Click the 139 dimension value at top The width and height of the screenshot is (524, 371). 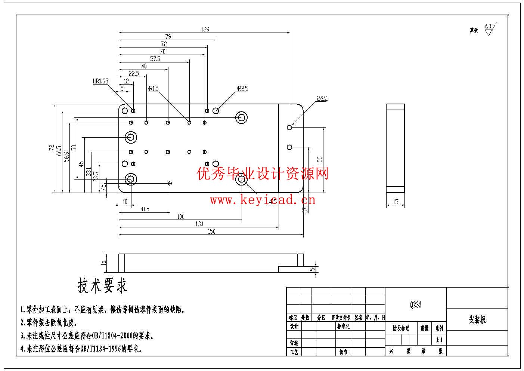pos(205,29)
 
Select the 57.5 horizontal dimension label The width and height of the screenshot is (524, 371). pos(155,59)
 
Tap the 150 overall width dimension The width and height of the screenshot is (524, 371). pos(211,232)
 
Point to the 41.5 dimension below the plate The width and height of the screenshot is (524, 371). pos(145,209)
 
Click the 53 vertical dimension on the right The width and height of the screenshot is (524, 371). pos(320,159)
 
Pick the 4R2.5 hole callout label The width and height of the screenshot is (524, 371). pos(242,89)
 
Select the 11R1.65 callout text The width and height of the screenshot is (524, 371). pos(100,81)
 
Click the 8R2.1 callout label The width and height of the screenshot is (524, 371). pos(322,99)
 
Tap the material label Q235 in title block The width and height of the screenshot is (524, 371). pos(415,305)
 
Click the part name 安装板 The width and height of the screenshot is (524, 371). pos(477,320)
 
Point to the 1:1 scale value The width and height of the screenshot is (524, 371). pos(439,340)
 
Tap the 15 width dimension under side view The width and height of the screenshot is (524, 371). pos(396,202)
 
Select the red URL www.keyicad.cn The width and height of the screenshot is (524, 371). pos(262,200)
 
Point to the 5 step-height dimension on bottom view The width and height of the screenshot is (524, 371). pos(313,269)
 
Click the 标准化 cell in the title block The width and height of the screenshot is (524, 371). pos(343,326)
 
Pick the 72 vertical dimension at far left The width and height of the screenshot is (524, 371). pos(52,148)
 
